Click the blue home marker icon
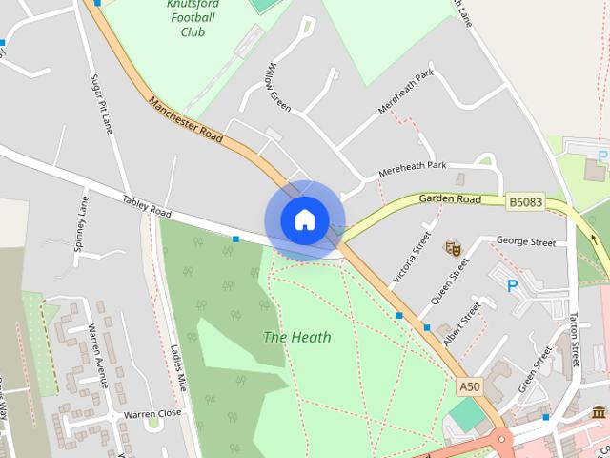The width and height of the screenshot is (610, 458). pos(304,219)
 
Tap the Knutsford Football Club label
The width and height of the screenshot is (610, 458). pos(193,18)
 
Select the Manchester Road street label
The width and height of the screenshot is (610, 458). pos(185,119)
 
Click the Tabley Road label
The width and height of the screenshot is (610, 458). pos(147,206)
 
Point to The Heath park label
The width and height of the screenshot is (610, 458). pos(297,337)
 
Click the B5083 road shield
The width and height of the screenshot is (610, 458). pos(525,202)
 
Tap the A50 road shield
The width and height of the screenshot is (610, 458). pos(468,387)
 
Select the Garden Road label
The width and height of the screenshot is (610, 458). pos(450,199)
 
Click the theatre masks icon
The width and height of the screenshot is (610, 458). pos(454,248)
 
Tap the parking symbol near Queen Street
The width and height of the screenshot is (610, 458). pos(512,285)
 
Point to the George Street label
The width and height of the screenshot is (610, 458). pos(525,243)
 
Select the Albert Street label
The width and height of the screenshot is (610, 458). pos(463,324)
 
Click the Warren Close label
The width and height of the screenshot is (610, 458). pos(152,414)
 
